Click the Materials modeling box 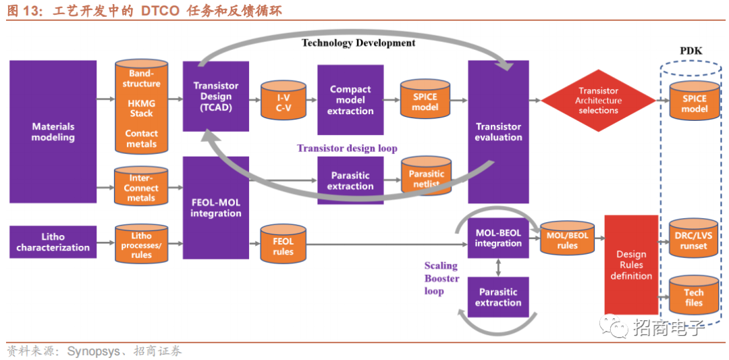pos(53,132)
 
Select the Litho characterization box pos(53,242)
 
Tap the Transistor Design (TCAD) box pos(216,97)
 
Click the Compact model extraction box pos(350,100)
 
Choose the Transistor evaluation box pos(498,132)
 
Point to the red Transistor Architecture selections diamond pos(598,100)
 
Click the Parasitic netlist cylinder pos(426,175)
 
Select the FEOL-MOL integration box pos(216,208)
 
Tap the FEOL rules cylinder pos(283,242)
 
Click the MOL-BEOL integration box pos(498,238)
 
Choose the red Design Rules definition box pos(631,265)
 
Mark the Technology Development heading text pos(358,43)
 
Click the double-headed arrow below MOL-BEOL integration pos(498,267)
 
